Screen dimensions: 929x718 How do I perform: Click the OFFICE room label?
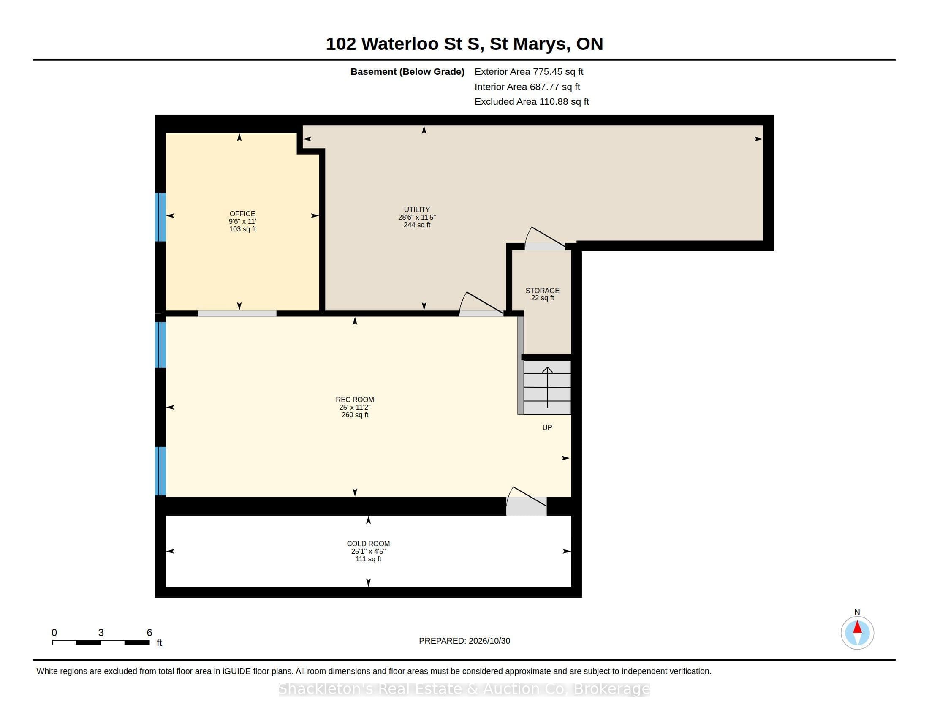(x=242, y=214)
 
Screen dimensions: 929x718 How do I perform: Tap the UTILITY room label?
(x=417, y=209)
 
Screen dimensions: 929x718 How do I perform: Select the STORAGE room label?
(x=542, y=291)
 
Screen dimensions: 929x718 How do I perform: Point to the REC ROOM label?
(x=355, y=400)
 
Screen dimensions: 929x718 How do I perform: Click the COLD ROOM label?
(x=368, y=544)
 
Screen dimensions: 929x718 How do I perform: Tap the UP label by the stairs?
(x=547, y=427)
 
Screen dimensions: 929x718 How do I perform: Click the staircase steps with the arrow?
(x=547, y=387)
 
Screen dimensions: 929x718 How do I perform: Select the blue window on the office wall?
(x=160, y=218)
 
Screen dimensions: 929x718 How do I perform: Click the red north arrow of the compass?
(x=858, y=627)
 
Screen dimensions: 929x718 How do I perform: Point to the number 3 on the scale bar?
(x=101, y=633)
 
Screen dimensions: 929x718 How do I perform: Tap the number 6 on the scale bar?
(x=149, y=633)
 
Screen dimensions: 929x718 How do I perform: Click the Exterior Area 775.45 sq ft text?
(x=529, y=72)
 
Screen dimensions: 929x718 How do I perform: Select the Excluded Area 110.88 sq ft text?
(x=532, y=102)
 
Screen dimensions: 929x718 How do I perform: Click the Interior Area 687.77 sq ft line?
(x=527, y=87)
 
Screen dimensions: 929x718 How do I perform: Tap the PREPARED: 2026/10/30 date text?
(x=465, y=641)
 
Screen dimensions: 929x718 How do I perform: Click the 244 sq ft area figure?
(x=417, y=225)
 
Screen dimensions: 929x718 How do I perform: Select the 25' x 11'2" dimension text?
(x=355, y=407)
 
